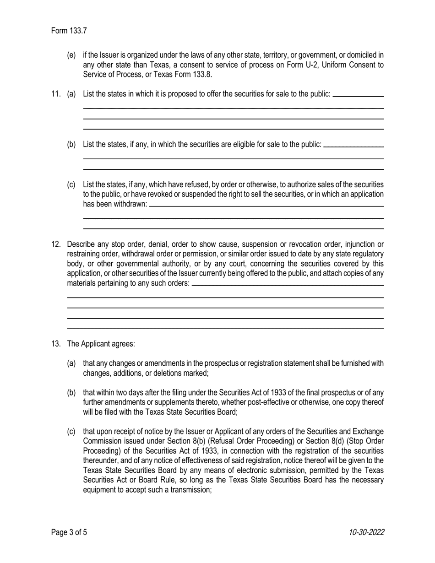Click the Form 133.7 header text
coord(69,31)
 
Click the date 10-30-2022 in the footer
coord(366,532)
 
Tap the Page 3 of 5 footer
coord(69,532)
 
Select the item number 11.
coord(55,94)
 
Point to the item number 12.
coord(55,244)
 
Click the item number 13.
coord(55,344)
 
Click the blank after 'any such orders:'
coord(288,285)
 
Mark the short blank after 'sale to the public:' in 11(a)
coord(358,96)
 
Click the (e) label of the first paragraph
coord(71,55)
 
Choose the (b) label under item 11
coord(71,145)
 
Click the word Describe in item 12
coord(81,244)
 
